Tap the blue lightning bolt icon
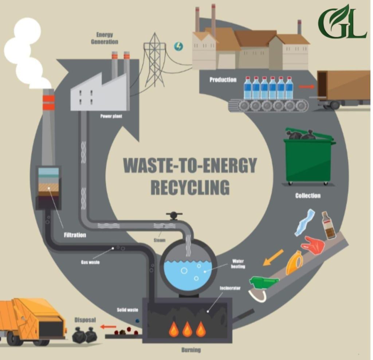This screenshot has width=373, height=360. (x=179, y=46)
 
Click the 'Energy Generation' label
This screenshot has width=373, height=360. (x=105, y=38)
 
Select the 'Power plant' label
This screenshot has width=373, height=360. (x=111, y=116)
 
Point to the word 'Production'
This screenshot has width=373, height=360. (x=223, y=80)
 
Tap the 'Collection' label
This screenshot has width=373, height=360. (x=308, y=195)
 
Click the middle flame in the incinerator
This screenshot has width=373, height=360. (x=187, y=329)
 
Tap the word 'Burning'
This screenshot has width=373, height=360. (x=191, y=350)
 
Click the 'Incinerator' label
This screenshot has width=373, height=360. (x=230, y=288)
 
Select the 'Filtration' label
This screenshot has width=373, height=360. (x=75, y=235)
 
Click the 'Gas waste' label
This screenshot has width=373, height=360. (x=90, y=262)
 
